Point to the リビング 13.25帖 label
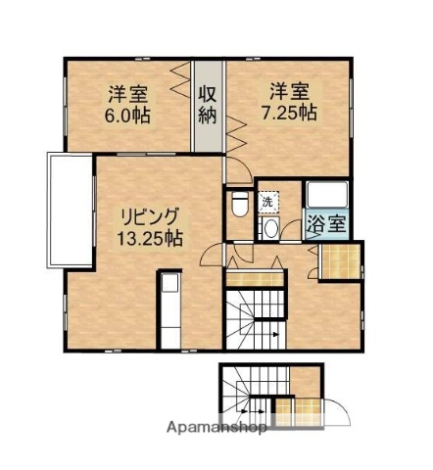[x=150, y=225]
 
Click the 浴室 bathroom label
[x=324, y=222]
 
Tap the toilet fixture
[x=239, y=205]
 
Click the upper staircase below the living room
[x=260, y=322]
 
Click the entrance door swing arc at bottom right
[x=332, y=410]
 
